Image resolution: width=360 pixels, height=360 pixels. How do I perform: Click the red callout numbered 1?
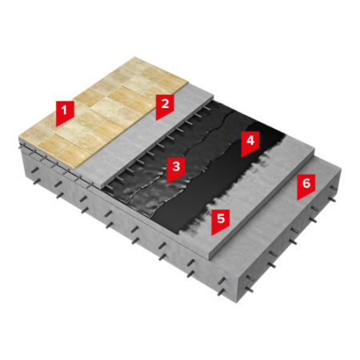pos(65,111)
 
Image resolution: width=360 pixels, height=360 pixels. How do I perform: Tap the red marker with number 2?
pos(165,106)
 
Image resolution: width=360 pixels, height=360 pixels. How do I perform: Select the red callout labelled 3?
pos(176,169)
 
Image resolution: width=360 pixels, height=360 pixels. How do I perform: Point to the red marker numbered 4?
pos(250,142)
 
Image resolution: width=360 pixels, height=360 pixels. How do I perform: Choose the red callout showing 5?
pos(221,221)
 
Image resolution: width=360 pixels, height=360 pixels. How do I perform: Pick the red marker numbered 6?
pos(306,186)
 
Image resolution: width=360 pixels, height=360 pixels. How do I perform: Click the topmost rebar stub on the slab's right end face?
pos(334,189)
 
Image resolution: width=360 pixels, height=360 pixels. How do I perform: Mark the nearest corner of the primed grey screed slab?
pos(210,258)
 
